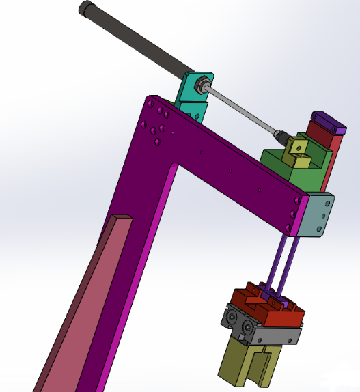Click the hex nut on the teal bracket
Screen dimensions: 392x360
tap(199, 85)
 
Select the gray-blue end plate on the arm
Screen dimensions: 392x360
tap(316, 215)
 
